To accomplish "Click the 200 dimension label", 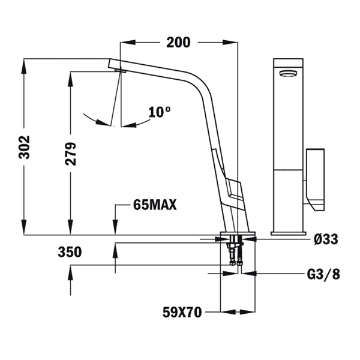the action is tap(178, 43).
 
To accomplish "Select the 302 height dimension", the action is tap(24, 147).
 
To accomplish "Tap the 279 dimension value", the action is tap(70, 154).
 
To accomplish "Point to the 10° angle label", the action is tap(160, 112).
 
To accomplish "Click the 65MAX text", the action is tap(155, 205).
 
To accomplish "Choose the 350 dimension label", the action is tap(70, 252).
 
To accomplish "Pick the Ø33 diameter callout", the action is tap(326, 239).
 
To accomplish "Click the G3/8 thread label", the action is tap(323, 274).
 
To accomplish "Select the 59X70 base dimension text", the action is tap(182, 312).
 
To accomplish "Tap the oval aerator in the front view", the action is tap(288, 73).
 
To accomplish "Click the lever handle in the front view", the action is tap(315, 179).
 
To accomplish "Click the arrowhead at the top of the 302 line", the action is tap(24, 67).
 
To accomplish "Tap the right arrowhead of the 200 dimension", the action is tap(230, 42).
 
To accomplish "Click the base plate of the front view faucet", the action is tap(289, 233).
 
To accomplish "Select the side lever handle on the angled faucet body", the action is tap(233, 188).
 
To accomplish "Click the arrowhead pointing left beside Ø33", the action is tap(249, 239).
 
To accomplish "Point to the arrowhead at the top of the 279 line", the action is tap(70, 79).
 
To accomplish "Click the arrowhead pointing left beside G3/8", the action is tap(249, 274).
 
